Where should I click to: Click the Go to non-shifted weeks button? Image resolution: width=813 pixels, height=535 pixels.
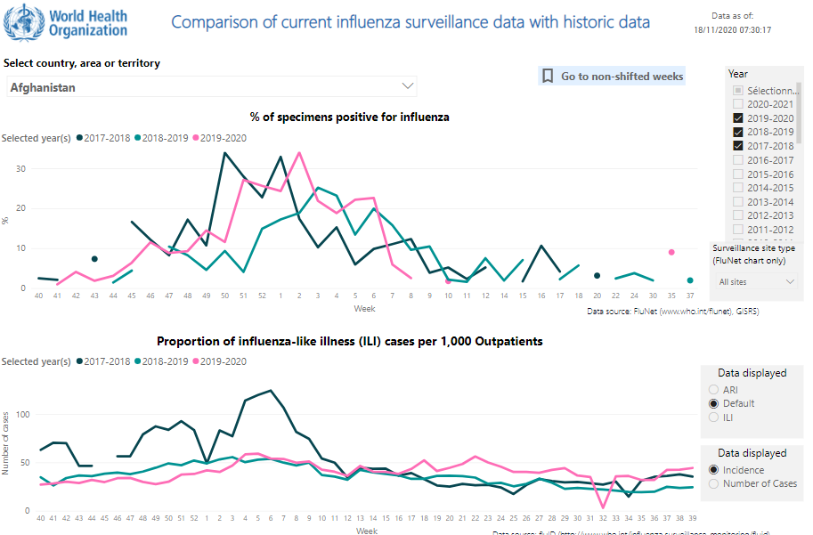click(612, 77)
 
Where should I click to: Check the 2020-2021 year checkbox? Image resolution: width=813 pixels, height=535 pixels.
click(738, 104)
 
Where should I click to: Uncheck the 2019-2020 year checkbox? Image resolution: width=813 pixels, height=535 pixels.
click(738, 118)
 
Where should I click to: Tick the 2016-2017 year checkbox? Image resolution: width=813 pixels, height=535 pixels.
click(738, 160)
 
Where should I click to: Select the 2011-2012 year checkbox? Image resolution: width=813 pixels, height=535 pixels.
click(738, 230)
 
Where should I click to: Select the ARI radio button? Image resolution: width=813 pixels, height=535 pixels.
click(713, 390)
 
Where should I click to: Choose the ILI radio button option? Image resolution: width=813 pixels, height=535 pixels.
click(713, 417)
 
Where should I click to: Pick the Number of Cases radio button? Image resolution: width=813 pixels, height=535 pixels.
click(713, 483)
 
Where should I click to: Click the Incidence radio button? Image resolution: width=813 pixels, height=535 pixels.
click(713, 470)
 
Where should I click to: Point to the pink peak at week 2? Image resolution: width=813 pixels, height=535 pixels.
click(299, 152)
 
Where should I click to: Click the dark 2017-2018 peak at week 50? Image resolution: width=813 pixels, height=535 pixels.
click(224, 153)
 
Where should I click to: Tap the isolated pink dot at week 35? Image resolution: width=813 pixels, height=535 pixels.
click(671, 252)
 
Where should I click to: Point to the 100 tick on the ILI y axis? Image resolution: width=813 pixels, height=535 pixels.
click(23, 415)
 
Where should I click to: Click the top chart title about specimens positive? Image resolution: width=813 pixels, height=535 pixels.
click(349, 117)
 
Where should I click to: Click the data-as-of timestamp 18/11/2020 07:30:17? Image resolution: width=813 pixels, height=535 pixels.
click(732, 29)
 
